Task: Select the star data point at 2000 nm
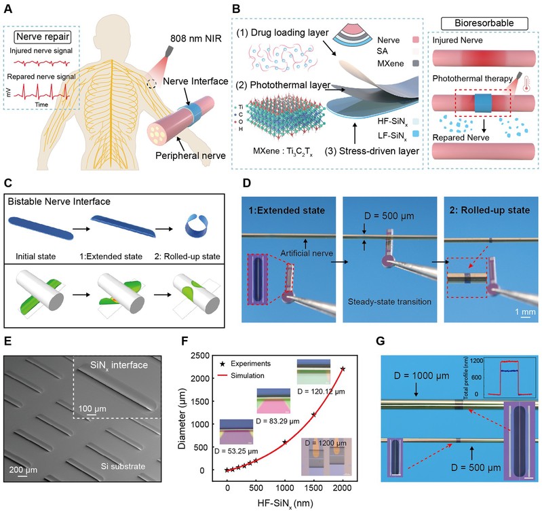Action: pos(342,369)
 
